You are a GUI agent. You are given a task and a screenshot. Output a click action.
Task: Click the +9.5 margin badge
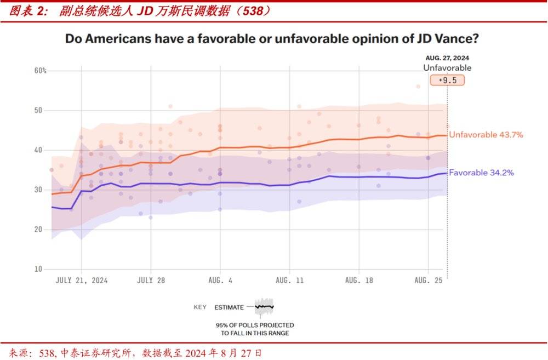pyautogui.click(x=447, y=80)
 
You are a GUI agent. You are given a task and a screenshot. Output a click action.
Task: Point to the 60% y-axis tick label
pyautogui.click(x=41, y=71)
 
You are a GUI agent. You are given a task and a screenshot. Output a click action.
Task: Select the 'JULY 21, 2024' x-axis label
pyautogui.click(x=82, y=280)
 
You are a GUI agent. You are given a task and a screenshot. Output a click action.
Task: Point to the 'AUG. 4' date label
pyautogui.click(x=220, y=280)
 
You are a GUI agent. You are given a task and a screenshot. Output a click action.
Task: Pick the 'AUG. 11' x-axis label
pyautogui.click(x=289, y=280)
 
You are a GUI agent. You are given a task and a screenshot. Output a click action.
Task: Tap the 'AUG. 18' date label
pyautogui.click(x=358, y=280)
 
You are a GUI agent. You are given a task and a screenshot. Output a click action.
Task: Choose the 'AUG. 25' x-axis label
pyautogui.click(x=427, y=280)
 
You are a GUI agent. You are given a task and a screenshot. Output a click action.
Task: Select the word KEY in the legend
pyautogui.click(x=200, y=307)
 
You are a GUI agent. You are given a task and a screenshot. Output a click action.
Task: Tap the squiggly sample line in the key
pyautogui.click(x=264, y=307)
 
